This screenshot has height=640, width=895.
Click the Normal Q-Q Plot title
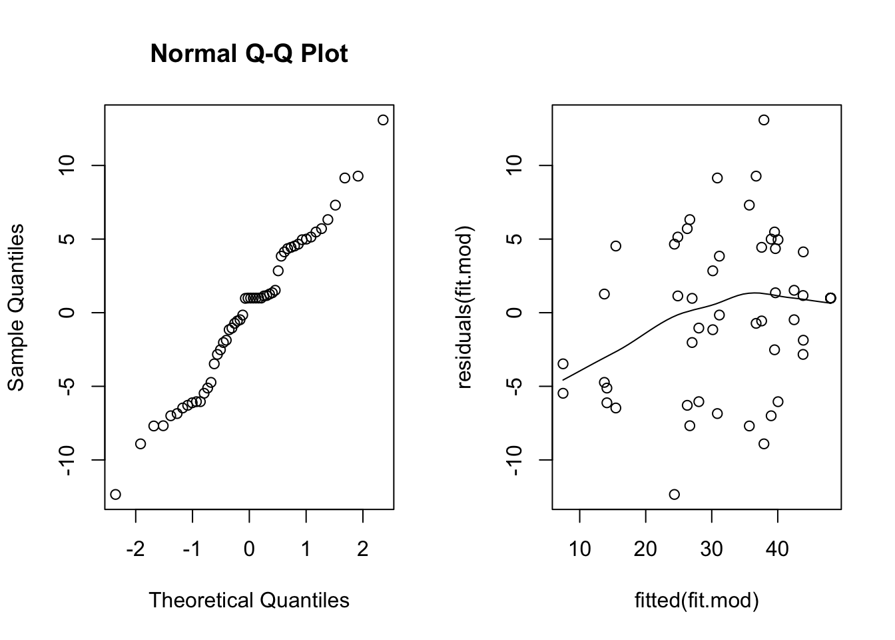point(248,53)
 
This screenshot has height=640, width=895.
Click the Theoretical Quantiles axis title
point(248,600)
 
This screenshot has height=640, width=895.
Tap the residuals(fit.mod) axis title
point(463,307)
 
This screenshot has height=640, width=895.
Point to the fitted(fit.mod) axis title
point(697,600)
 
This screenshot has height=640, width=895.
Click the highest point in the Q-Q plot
point(383,120)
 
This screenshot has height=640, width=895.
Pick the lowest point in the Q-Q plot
point(115,494)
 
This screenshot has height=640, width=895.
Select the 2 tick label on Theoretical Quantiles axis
point(363,549)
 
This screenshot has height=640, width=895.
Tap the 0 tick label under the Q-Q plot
point(249,549)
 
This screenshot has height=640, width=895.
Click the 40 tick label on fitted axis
point(777,549)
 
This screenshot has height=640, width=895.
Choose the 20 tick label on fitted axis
point(645,549)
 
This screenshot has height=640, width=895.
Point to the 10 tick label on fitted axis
point(579,549)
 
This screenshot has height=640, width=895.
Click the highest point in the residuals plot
point(764,120)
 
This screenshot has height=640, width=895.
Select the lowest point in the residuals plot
point(674,494)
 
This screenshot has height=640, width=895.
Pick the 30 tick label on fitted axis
point(711,549)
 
